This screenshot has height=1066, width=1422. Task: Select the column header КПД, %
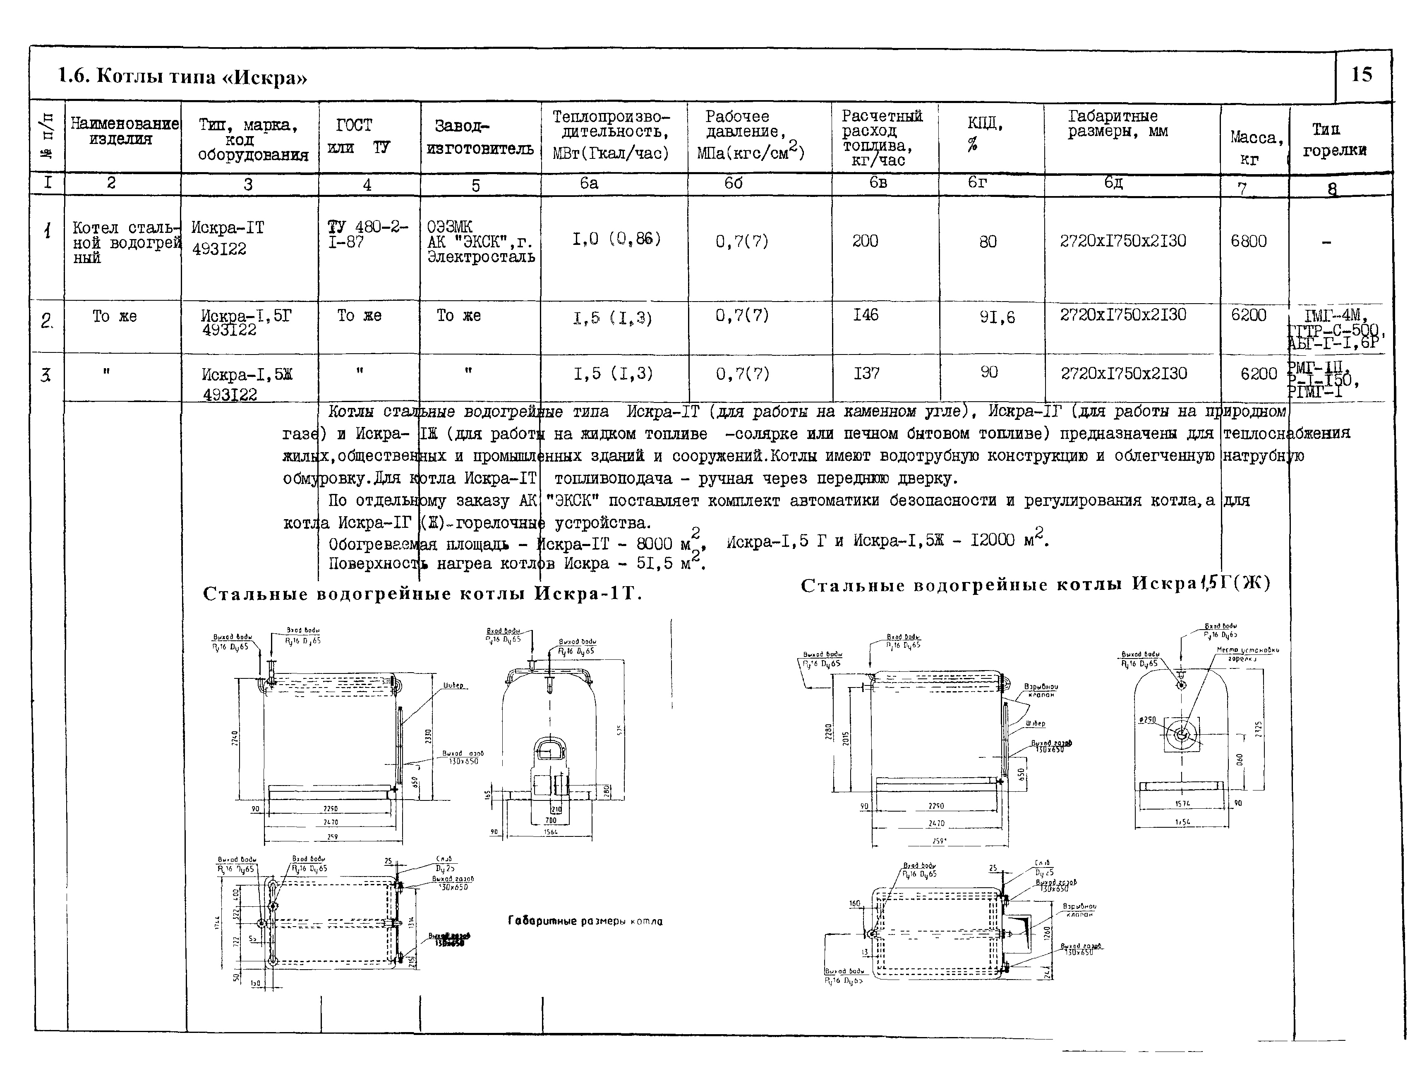tap(984, 133)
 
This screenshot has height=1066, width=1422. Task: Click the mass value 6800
tap(1248, 242)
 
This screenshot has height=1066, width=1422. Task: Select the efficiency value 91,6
tap(997, 317)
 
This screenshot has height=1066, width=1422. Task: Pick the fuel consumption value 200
tap(865, 241)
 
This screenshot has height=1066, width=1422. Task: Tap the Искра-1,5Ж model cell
tap(247, 383)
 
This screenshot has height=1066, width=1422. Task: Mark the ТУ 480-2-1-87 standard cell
tap(367, 235)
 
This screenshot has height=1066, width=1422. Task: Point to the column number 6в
tap(878, 182)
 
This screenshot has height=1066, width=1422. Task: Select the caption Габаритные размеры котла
tap(585, 921)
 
